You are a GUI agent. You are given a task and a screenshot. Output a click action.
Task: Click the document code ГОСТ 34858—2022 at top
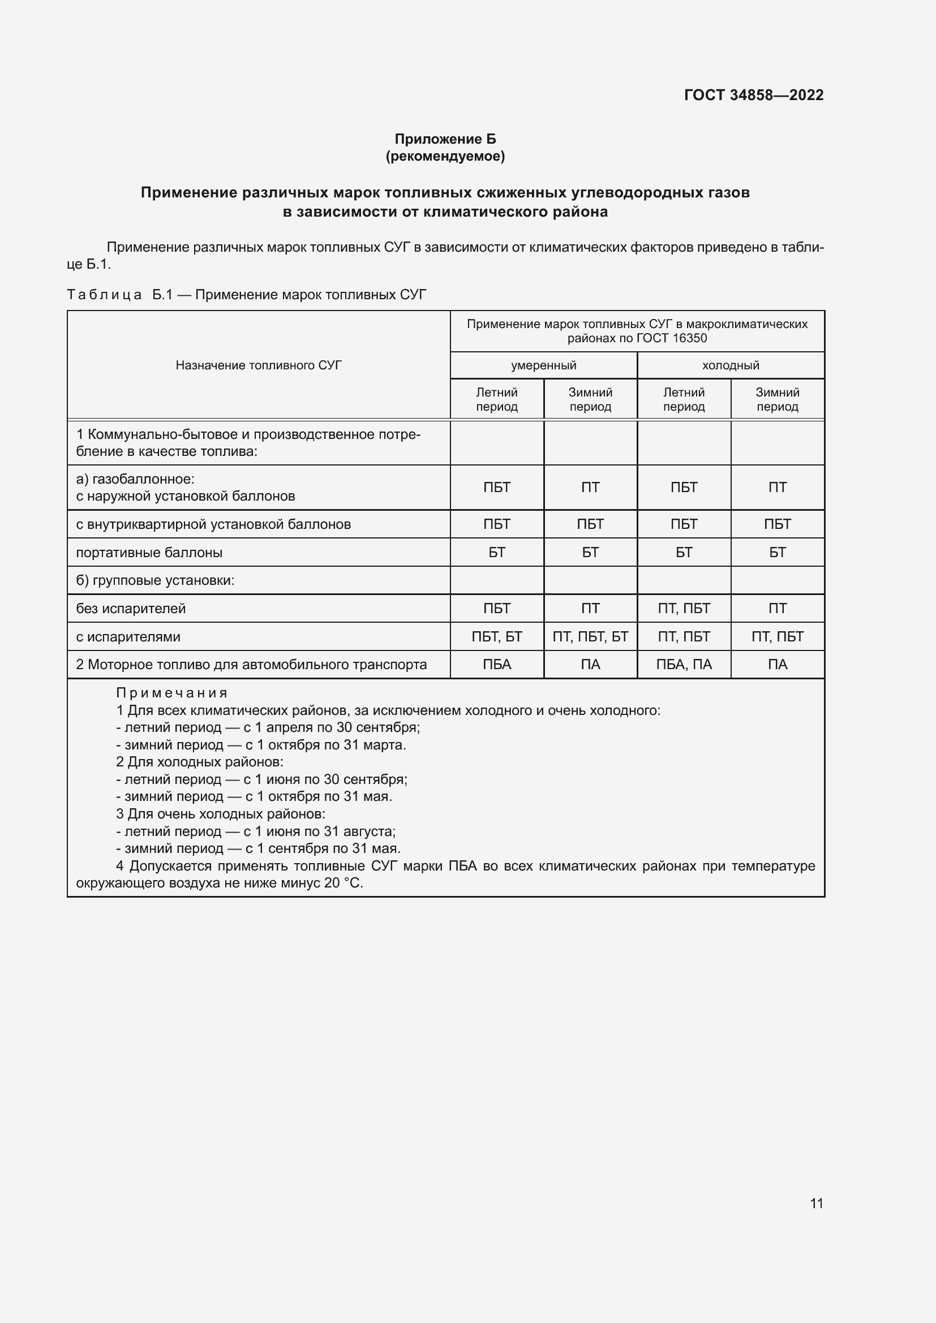tap(753, 95)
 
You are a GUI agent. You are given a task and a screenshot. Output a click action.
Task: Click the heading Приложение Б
tap(445, 139)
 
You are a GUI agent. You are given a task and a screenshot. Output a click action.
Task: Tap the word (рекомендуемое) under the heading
tap(445, 156)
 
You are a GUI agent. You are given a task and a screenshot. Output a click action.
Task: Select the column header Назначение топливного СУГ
tap(258, 365)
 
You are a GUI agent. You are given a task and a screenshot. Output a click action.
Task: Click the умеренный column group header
tap(543, 365)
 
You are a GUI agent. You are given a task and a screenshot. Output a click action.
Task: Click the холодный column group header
tap(730, 365)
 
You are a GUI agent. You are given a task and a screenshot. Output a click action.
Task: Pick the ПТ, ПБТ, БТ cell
tap(590, 637)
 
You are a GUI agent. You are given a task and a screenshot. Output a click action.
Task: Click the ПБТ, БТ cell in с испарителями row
tap(496, 637)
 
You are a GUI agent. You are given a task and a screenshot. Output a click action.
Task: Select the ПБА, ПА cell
tap(684, 665)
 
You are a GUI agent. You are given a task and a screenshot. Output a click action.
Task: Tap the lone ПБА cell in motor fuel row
tap(496, 665)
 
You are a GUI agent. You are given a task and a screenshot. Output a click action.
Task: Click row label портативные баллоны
tap(149, 553)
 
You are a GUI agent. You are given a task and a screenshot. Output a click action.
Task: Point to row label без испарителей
tap(131, 609)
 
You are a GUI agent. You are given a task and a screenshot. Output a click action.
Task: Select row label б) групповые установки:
tap(155, 580)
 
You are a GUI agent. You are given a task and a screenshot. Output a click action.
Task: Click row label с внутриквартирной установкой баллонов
tap(213, 524)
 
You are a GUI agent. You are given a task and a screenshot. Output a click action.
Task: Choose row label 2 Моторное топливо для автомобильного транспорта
tap(251, 665)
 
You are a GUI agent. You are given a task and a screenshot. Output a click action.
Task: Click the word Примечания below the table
tap(172, 693)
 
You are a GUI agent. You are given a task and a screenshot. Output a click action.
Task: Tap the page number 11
tap(816, 1203)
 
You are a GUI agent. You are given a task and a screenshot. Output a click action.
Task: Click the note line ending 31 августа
tap(256, 831)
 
